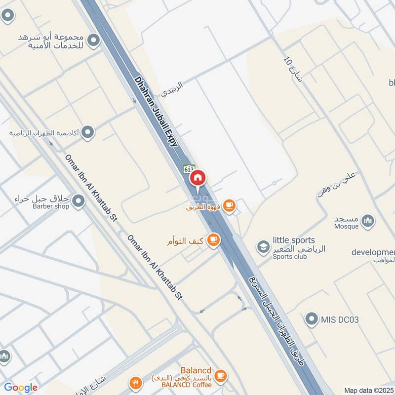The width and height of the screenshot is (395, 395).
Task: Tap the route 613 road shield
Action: (189, 168)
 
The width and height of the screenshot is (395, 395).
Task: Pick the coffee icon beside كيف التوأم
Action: (213, 240)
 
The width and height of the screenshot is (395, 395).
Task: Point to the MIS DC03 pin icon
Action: (311, 319)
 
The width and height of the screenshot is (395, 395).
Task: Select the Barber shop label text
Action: (51, 206)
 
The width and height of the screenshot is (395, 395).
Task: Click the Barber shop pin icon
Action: (78, 201)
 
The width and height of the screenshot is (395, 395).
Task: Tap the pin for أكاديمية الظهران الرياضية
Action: (87, 132)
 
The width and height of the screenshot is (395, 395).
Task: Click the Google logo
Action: (21, 388)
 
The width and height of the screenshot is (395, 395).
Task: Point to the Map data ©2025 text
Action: (368, 390)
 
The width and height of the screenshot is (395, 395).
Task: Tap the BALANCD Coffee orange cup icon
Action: (221, 376)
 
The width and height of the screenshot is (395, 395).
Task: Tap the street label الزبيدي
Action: (173, 88)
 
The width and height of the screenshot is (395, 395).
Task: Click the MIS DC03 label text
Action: (340, 319)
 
